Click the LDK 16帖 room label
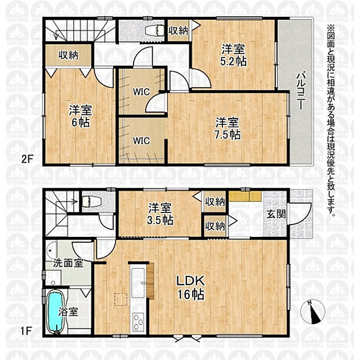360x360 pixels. pos(190,287)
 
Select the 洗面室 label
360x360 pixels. pos(68,263)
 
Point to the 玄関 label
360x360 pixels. pos(276,214)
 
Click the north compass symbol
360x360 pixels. pos(313,312)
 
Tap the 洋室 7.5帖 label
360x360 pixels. pos(227,128)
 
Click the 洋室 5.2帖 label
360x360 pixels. pos(233,55)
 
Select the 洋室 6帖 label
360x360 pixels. pos(81,116)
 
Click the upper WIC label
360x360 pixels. pos(142,92)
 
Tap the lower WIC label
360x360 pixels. pos(142,141)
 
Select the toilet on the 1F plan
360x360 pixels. pos(92,201)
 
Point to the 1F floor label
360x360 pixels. pos(26,331)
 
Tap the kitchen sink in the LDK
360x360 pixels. pos(138,282)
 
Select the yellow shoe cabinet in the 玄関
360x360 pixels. pos(245,196)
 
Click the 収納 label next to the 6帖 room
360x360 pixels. pos(68,55)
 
